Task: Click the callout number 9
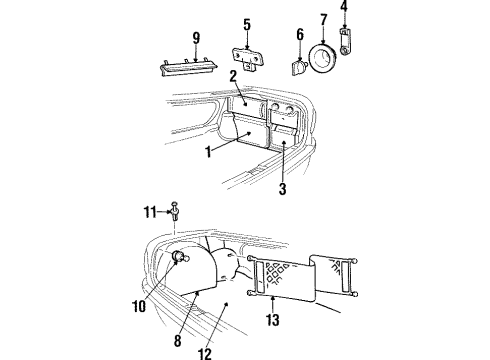pos(196,38)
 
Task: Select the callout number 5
pos(247,25)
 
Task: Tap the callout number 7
pos(324,20)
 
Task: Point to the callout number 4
pos(344,6)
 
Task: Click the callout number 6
pos(300,34)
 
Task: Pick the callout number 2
pos(233,76)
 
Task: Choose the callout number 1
pos(208,152)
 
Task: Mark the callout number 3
pos(282,189)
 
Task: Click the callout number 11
pos(150,212)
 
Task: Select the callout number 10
pos(139,306)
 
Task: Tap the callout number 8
pos(178,341)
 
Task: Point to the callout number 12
pos(206,354)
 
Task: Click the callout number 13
pos(273,320)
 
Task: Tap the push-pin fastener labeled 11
pos(175,211)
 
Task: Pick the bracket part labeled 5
pos(248,57)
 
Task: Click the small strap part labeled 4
pos(344,42)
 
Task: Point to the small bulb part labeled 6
pos(299,68)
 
